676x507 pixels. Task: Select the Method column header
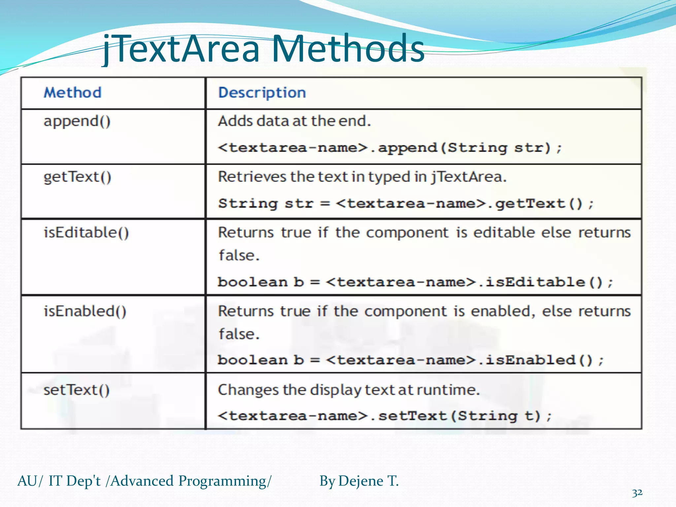click(x=73, y=92)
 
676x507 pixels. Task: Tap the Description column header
click(x=262, y=92)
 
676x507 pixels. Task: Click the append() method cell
click(x=77, y=121)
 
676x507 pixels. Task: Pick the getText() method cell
click(x=77, y=177)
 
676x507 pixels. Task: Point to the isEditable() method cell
click(x=86, y=233)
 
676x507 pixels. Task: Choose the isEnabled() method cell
click(x=85, y=311)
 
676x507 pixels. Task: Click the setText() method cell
click(x=77, y=390)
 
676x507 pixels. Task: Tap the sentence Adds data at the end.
click(x=294, y=121)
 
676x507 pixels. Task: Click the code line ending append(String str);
click(x=389, y=148)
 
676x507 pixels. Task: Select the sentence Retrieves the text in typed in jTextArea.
click(x=362, y=177)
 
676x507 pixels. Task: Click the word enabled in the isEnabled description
click(x=500, y=311)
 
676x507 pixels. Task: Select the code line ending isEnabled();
click(x=411, y=360)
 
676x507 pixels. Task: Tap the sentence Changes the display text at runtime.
click(x=349, y=390)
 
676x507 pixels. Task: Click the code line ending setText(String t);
click(x=385, y=416)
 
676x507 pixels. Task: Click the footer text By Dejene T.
click(x=359, y=481)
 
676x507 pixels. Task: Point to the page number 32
click(x=637, y=493)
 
